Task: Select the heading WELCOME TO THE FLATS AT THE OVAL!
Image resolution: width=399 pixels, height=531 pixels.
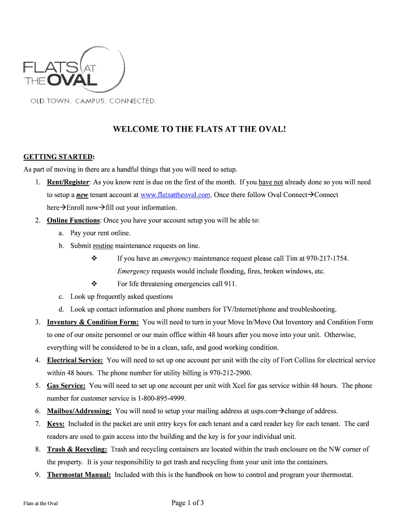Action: (x=199, y=129)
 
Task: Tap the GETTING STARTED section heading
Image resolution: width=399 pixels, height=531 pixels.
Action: (x=59, y=157)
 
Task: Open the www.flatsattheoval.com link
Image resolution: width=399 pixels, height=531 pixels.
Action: (x=175, y=195)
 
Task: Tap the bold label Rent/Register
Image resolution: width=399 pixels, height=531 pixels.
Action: (x=68, y=183)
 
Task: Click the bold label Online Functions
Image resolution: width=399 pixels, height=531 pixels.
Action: (x=73, y=220)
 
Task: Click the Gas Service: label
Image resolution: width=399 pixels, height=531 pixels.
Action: (x=66, y=386)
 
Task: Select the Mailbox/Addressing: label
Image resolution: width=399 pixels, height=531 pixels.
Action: (x=79, y=411)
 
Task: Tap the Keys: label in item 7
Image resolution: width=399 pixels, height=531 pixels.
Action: (x=56, y=424)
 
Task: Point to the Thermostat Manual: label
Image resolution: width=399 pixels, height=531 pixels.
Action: (x=79, y=474)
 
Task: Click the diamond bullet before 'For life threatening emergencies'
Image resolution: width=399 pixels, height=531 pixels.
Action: (x=94, y=284)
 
